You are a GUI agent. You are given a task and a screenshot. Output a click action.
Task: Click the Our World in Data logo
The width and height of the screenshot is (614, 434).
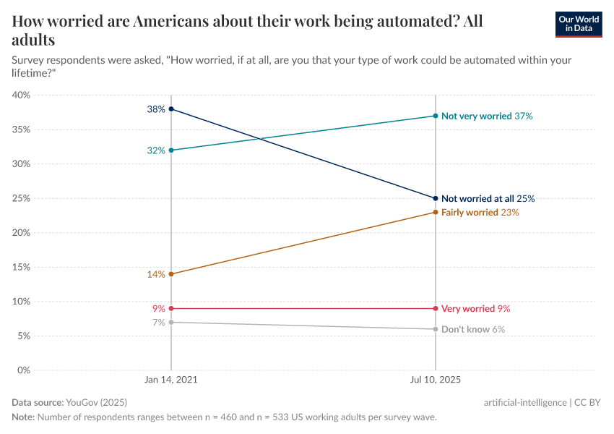pyautogui.click(x=578, y=24)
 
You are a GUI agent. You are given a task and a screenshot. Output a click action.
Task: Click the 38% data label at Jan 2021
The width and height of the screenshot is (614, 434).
pyautogui.click(x=156, y=109)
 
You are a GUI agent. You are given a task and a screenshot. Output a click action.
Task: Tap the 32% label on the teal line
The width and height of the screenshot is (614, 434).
pyautogui.click(x=156, y=150)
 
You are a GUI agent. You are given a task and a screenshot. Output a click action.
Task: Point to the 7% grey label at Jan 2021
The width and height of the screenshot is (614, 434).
pyautogui.click(x=159, y=323)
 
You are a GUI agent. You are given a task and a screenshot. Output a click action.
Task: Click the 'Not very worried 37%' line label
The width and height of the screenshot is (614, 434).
pyautogui.click(x=487, y=116)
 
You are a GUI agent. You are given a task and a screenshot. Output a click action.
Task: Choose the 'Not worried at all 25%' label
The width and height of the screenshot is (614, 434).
pyautogui.click(x=488, y=198)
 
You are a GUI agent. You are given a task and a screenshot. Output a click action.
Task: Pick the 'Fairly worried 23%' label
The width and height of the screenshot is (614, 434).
pyautogui.click(x=480, y=213)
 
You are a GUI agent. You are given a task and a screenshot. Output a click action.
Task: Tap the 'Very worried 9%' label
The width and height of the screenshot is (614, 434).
pyautogui.click(x=475, y=309)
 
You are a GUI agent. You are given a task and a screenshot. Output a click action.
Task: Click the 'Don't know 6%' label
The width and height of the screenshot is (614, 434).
pyautogui.click(x=472, y=329)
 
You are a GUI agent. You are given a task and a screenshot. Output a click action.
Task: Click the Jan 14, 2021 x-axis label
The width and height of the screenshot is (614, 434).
pyautogui.click(x=171, y=378)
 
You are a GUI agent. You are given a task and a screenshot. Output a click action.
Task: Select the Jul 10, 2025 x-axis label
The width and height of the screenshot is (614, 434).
pyautogui.click(x=436, y=378)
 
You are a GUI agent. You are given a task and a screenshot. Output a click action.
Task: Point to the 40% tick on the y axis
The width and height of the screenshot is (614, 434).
pyautogui.click(x=21, y=95)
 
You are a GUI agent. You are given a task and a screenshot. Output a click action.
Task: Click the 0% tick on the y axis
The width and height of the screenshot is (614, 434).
pyautogui.click(x=23, y=370)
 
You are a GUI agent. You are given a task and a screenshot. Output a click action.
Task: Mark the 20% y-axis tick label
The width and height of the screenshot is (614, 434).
pyautogui.click(x=21, y=233)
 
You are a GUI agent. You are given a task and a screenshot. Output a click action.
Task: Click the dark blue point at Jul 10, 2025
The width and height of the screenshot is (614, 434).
pyautogui.click(x=436, y=198)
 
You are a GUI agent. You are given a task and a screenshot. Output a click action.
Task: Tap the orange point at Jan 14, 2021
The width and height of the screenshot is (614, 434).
pyautogui.click(x=171, y=274)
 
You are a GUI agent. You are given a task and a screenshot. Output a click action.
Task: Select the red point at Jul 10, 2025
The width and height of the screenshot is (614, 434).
pyautogui.click(x=436, y=309)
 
